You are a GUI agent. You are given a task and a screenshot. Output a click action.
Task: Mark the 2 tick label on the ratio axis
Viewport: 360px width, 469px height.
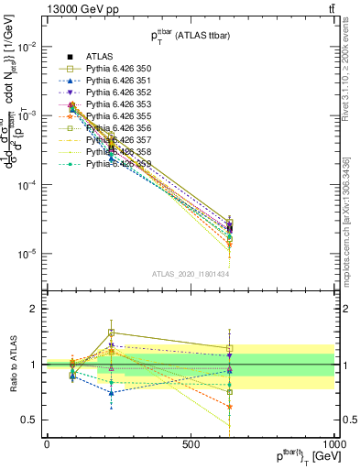pos(34,309)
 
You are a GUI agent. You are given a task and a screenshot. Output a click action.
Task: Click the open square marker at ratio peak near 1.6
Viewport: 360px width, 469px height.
pos(111,333)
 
